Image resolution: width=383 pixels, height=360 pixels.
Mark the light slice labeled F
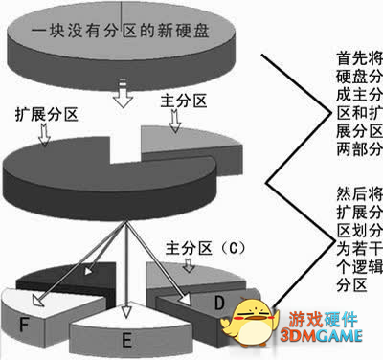38,321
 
